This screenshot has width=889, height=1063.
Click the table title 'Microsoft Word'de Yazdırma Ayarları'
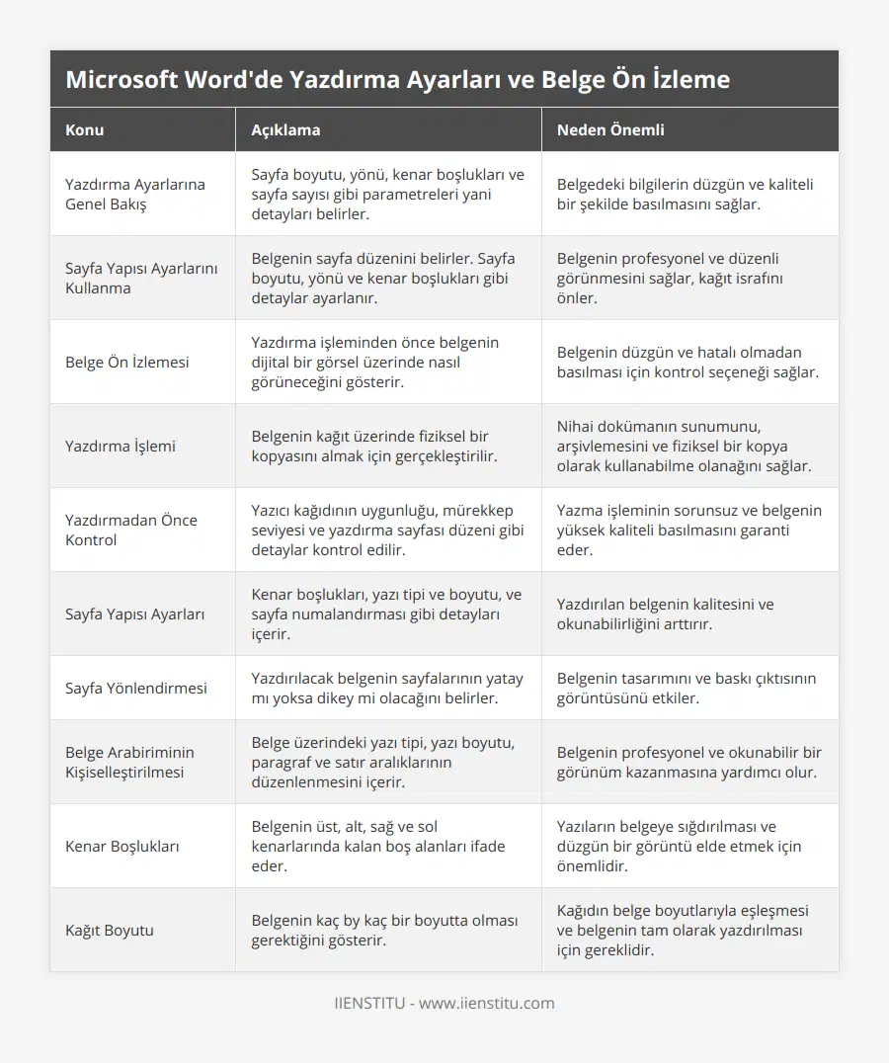click(x=397, y=80)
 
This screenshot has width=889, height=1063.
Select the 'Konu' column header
click(x=85, y=129)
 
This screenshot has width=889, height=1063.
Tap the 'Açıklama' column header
click(x=285, y=129)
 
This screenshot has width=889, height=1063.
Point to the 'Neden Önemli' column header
click(x=610, y=129)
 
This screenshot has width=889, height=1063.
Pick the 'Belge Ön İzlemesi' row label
click(x=126, y=362)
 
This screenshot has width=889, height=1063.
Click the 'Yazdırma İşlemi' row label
click(x=121, y=446)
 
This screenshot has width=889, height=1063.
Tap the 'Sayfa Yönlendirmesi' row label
click(x=136, y=688)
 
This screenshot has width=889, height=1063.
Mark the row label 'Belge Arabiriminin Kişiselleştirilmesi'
click(x=129, y=762)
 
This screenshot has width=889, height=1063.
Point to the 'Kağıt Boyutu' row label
click(x=110, y=930)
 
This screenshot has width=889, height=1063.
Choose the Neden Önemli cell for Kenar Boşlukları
click(x=680, y=846)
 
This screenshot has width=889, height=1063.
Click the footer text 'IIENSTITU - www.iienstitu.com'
click(x=444, y=1003)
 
